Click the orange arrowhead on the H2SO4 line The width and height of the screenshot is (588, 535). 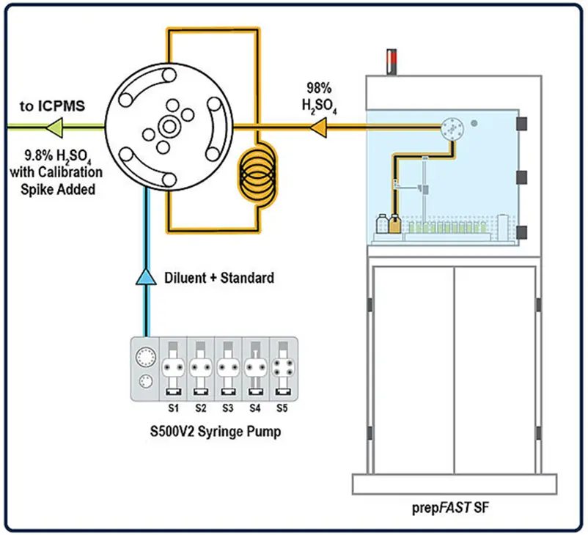(317, 128)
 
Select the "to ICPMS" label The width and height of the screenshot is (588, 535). (51, 106)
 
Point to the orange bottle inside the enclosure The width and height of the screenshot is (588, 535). (395, 224)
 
